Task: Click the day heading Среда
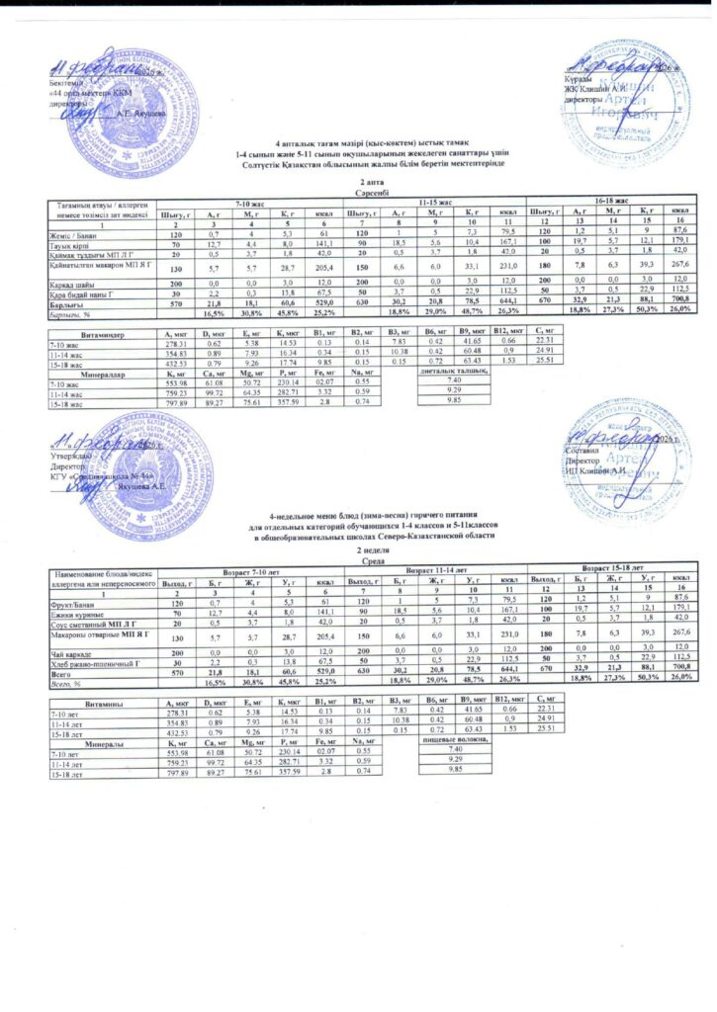(358, 560)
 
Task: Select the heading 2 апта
(357, 184)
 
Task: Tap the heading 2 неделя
(358, 550)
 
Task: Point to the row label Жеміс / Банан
(69, 234)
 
